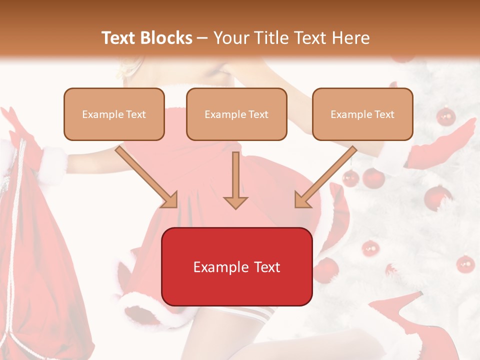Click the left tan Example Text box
pyautogui.click(x=114, y=114)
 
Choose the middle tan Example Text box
pyautogui.click(x=236, y=114)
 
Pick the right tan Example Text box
pyautogui.click(x=362, y=114)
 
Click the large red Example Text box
pyautogui.click(x=236, y=266)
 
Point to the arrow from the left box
pyautogui.click(x=147, y=177)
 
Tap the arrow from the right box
pyautogui.click(x=325, y=177)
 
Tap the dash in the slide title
pyautogui.click(x=202, y=38)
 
